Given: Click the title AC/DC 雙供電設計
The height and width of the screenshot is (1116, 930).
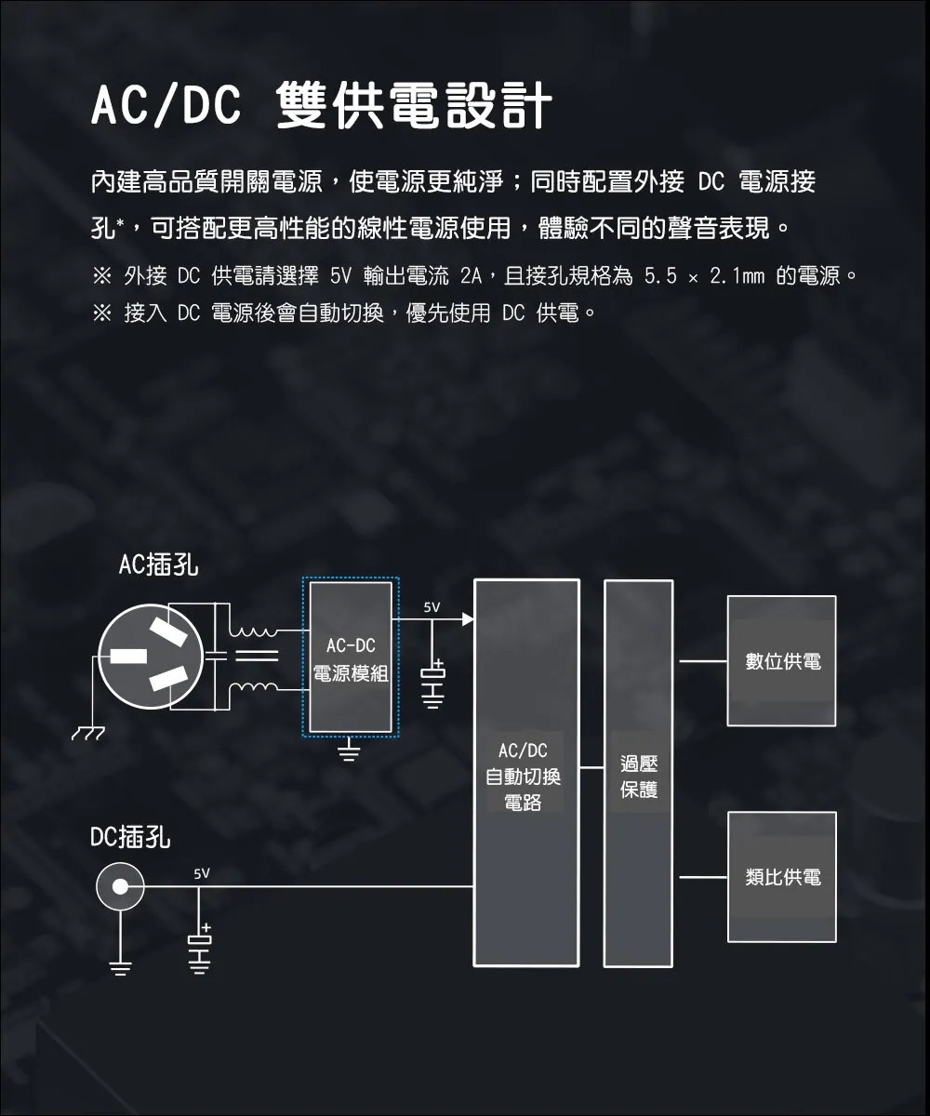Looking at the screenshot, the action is click(321, 105).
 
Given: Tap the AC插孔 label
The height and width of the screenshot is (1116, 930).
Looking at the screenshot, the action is click(158, 565).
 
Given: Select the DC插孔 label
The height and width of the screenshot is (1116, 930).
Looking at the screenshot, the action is click(130, 837).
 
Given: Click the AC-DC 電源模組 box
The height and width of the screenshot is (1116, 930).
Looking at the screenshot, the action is click(350, 658).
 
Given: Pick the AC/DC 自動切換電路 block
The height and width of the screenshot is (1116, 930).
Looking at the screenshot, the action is click(526, 773).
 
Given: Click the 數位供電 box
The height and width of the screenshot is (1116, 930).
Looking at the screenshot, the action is click(781, 661).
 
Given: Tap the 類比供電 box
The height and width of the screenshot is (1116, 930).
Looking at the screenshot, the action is click(782, 877).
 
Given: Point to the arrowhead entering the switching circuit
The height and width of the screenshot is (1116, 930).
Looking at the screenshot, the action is click(468, 619).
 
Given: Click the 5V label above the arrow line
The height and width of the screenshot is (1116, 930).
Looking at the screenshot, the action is click(432, 607).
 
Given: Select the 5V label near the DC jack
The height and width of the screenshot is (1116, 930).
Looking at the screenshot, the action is click(202, 874).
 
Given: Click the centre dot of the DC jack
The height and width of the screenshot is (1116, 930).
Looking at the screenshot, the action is click(120, 886).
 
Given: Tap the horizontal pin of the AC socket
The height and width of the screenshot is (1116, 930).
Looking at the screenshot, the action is click(128, 657).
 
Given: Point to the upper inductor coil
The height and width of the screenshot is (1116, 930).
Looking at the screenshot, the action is click(253, 632).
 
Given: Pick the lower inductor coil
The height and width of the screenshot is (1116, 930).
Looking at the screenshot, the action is click(253, 687).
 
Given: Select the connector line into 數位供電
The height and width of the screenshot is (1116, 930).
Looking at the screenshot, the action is click(703, 661).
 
